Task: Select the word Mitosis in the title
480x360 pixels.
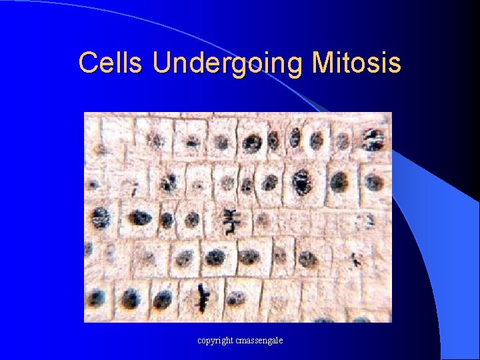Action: (356, 63)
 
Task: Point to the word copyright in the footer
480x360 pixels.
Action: (215, 341)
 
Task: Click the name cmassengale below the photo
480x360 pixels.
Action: (258, 341)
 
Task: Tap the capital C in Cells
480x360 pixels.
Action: (87, 63)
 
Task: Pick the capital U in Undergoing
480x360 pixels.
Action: (161, 63)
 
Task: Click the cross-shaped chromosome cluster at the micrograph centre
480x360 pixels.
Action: (231, 220)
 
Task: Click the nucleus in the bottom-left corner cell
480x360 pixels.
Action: (98, 297)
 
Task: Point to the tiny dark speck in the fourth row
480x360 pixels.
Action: (357, 261)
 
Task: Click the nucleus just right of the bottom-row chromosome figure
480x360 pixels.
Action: (237, 298)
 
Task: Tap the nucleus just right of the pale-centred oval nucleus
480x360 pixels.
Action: (339, 181)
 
